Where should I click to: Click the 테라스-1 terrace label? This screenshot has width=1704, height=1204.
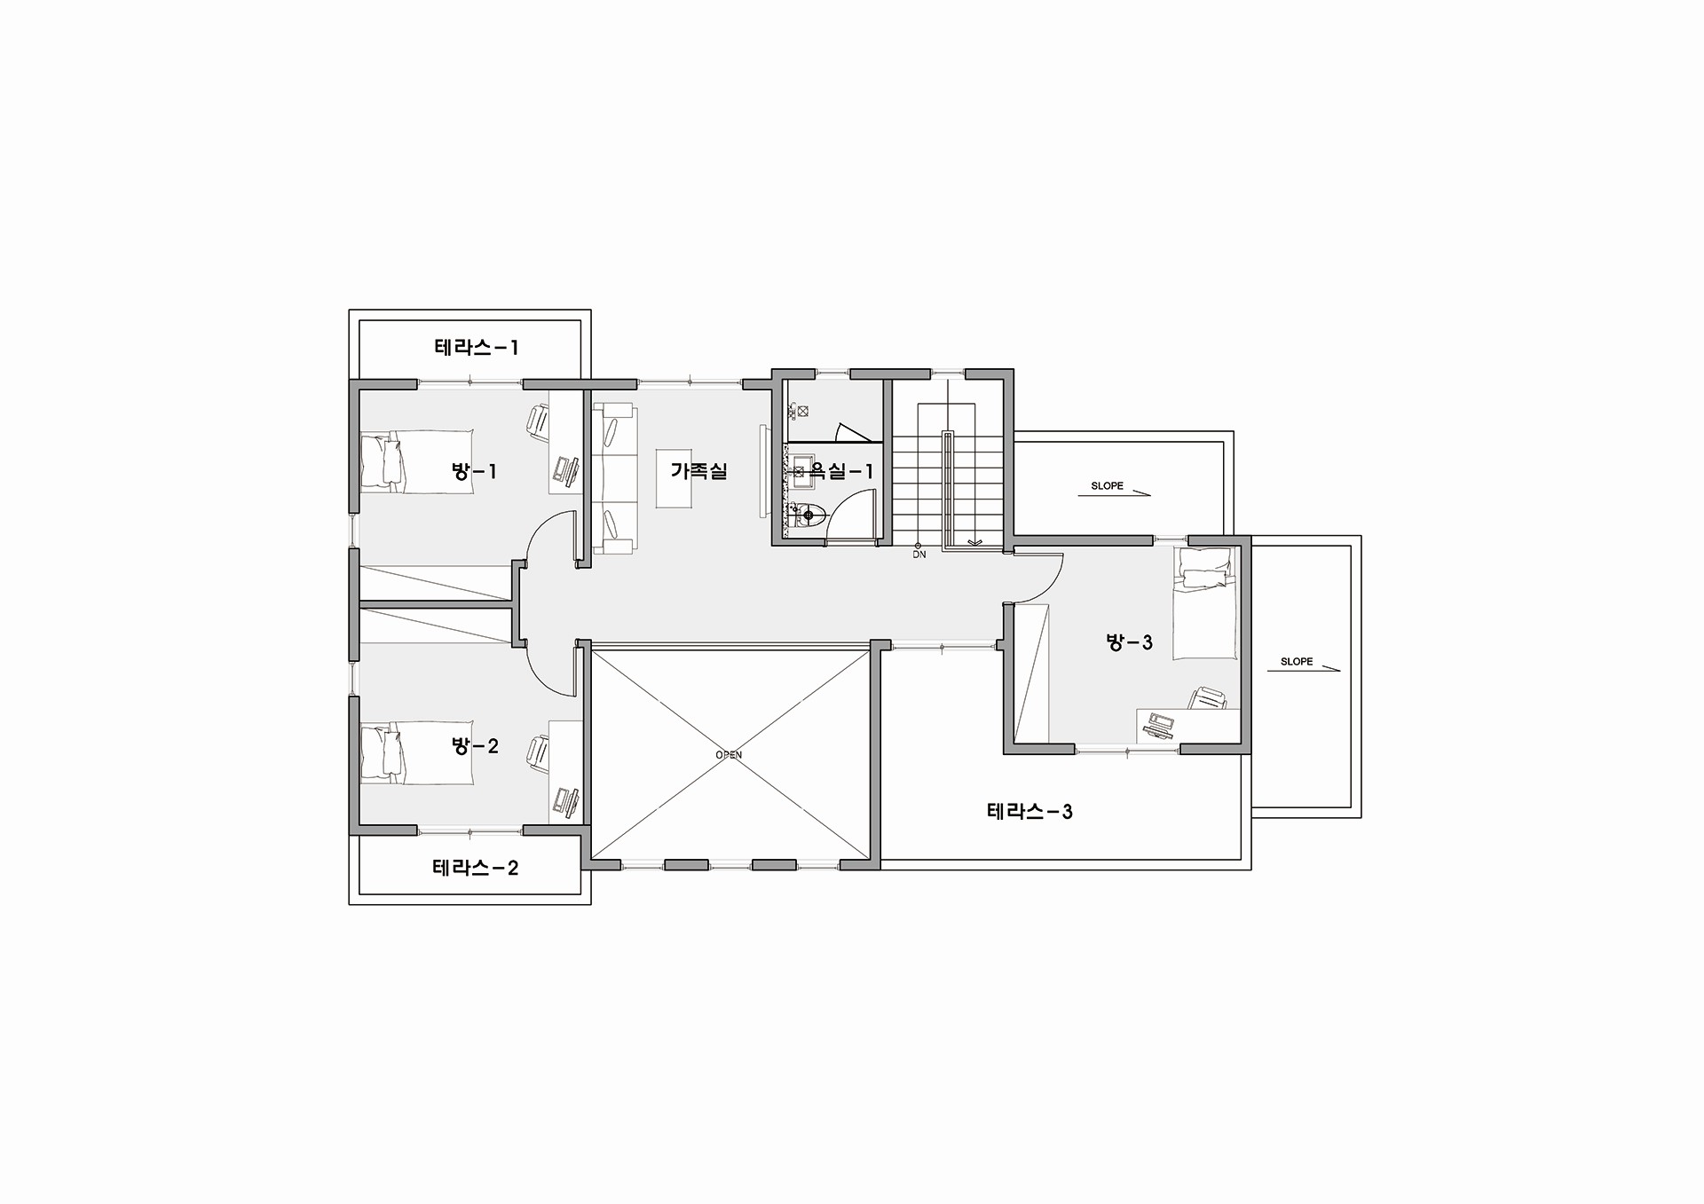click(477, 347)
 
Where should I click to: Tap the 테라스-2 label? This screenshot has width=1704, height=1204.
click(476, 867)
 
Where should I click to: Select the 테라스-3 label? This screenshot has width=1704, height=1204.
click(1029, 811)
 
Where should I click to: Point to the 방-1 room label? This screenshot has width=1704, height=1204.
click(474, 471)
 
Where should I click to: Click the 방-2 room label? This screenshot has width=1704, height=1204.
click(475, 746)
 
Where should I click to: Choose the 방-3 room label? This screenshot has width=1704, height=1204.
click(1129, 641)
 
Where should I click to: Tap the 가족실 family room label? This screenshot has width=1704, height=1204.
click(699, 471)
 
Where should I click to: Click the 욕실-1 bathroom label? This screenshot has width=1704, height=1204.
click(841, 471)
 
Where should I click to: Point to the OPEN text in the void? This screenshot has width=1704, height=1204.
click(729, 755)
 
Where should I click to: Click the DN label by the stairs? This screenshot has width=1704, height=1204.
click(919, 555)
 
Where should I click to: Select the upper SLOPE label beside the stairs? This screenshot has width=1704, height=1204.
click(1107, 486)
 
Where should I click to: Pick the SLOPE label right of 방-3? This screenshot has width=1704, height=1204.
click(1297, 662)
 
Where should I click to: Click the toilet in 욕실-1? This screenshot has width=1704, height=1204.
click(809, 515)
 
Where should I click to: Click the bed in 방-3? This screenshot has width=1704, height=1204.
click(1205, 603)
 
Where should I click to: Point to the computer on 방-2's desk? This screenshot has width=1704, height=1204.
click(566, 801)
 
